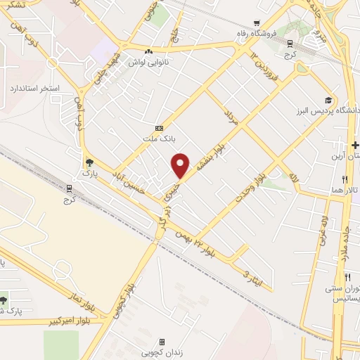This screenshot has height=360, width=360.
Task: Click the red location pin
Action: point(181,165)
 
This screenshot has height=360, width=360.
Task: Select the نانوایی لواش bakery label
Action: point(146,62)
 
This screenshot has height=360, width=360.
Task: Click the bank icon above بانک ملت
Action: point(159,128)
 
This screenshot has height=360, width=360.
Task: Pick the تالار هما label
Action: point(347,191)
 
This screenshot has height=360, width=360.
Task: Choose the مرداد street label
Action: point(232,117)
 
